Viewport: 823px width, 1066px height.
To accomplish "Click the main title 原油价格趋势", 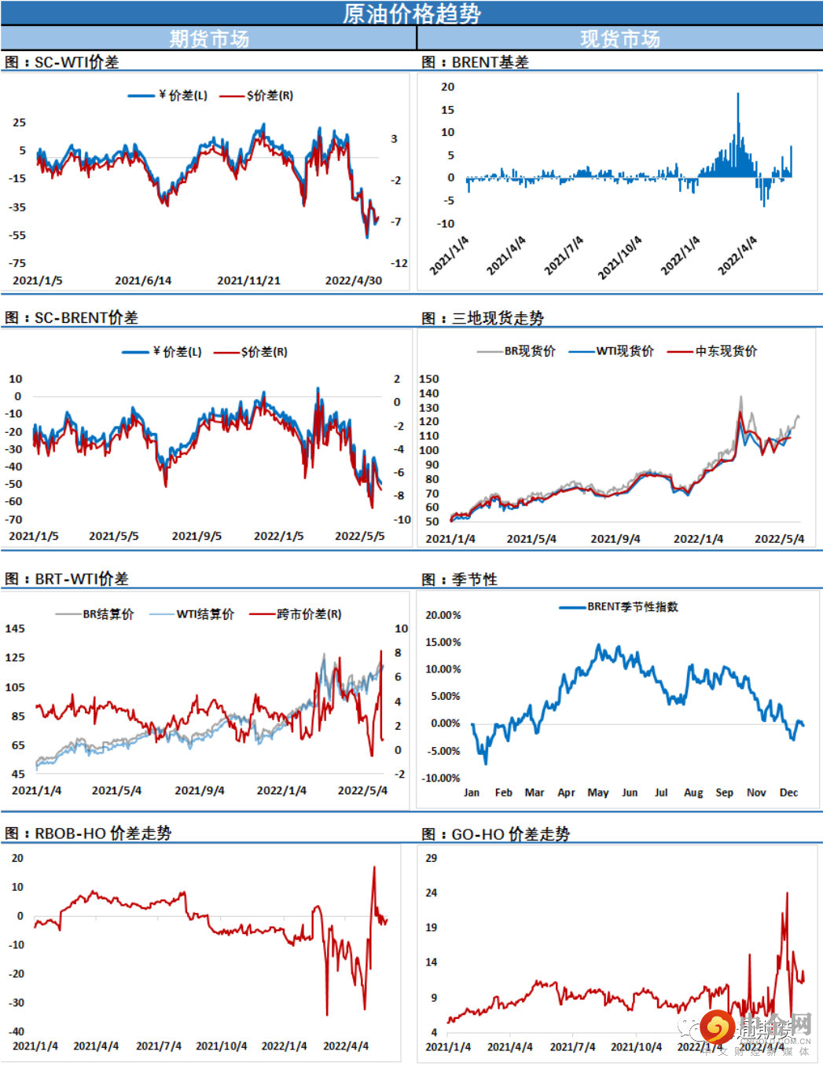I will [x=412, y=13].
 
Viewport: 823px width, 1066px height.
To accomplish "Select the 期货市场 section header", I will [x=209, y=38].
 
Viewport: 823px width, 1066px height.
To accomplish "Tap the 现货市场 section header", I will [x=620, y=38].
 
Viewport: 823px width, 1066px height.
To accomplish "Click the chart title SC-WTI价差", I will [x=76, y=62].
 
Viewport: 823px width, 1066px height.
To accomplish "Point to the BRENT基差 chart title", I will [x=490, y=62].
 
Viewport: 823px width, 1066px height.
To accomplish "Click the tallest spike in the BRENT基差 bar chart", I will [x=738, y=95].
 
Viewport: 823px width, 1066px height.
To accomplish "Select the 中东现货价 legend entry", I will [x=726, y=351].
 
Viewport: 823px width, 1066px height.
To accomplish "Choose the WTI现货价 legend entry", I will [x=624, y=351].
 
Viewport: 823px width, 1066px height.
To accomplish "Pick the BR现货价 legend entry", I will [x=529, y=351].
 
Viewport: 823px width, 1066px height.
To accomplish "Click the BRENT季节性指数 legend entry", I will [x=632, y=606].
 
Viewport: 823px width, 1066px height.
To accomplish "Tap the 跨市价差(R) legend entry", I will [x=308, y=614].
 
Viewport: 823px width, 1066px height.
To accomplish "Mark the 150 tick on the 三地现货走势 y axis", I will [x=429, y=379].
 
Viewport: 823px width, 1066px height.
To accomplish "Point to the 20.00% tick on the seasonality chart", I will [x=443, y=615].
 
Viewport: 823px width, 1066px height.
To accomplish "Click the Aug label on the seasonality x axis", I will [x=693, y=793].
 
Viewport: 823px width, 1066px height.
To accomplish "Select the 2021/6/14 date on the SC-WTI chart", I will [x=143, y=280].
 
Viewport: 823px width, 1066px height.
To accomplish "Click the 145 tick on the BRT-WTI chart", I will [x=15, y=628].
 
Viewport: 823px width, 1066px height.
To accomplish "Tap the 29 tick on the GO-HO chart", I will [x=432, y=858].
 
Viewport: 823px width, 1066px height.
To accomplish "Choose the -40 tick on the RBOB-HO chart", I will [x=17, y=1031].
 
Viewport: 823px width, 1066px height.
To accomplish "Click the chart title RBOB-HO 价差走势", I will [x=102, y=833].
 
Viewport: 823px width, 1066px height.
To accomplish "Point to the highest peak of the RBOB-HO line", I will [x=374, y=867].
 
